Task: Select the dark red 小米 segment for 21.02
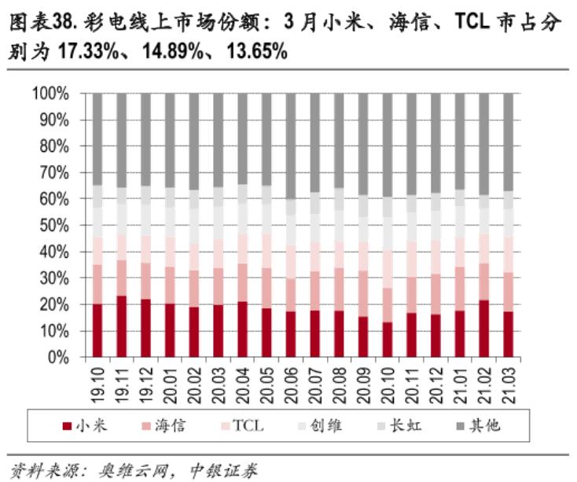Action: click(x=484, y=329)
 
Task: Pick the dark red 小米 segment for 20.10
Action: click(x=388, y=340)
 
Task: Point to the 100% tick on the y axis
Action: click(x=51, y=94)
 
